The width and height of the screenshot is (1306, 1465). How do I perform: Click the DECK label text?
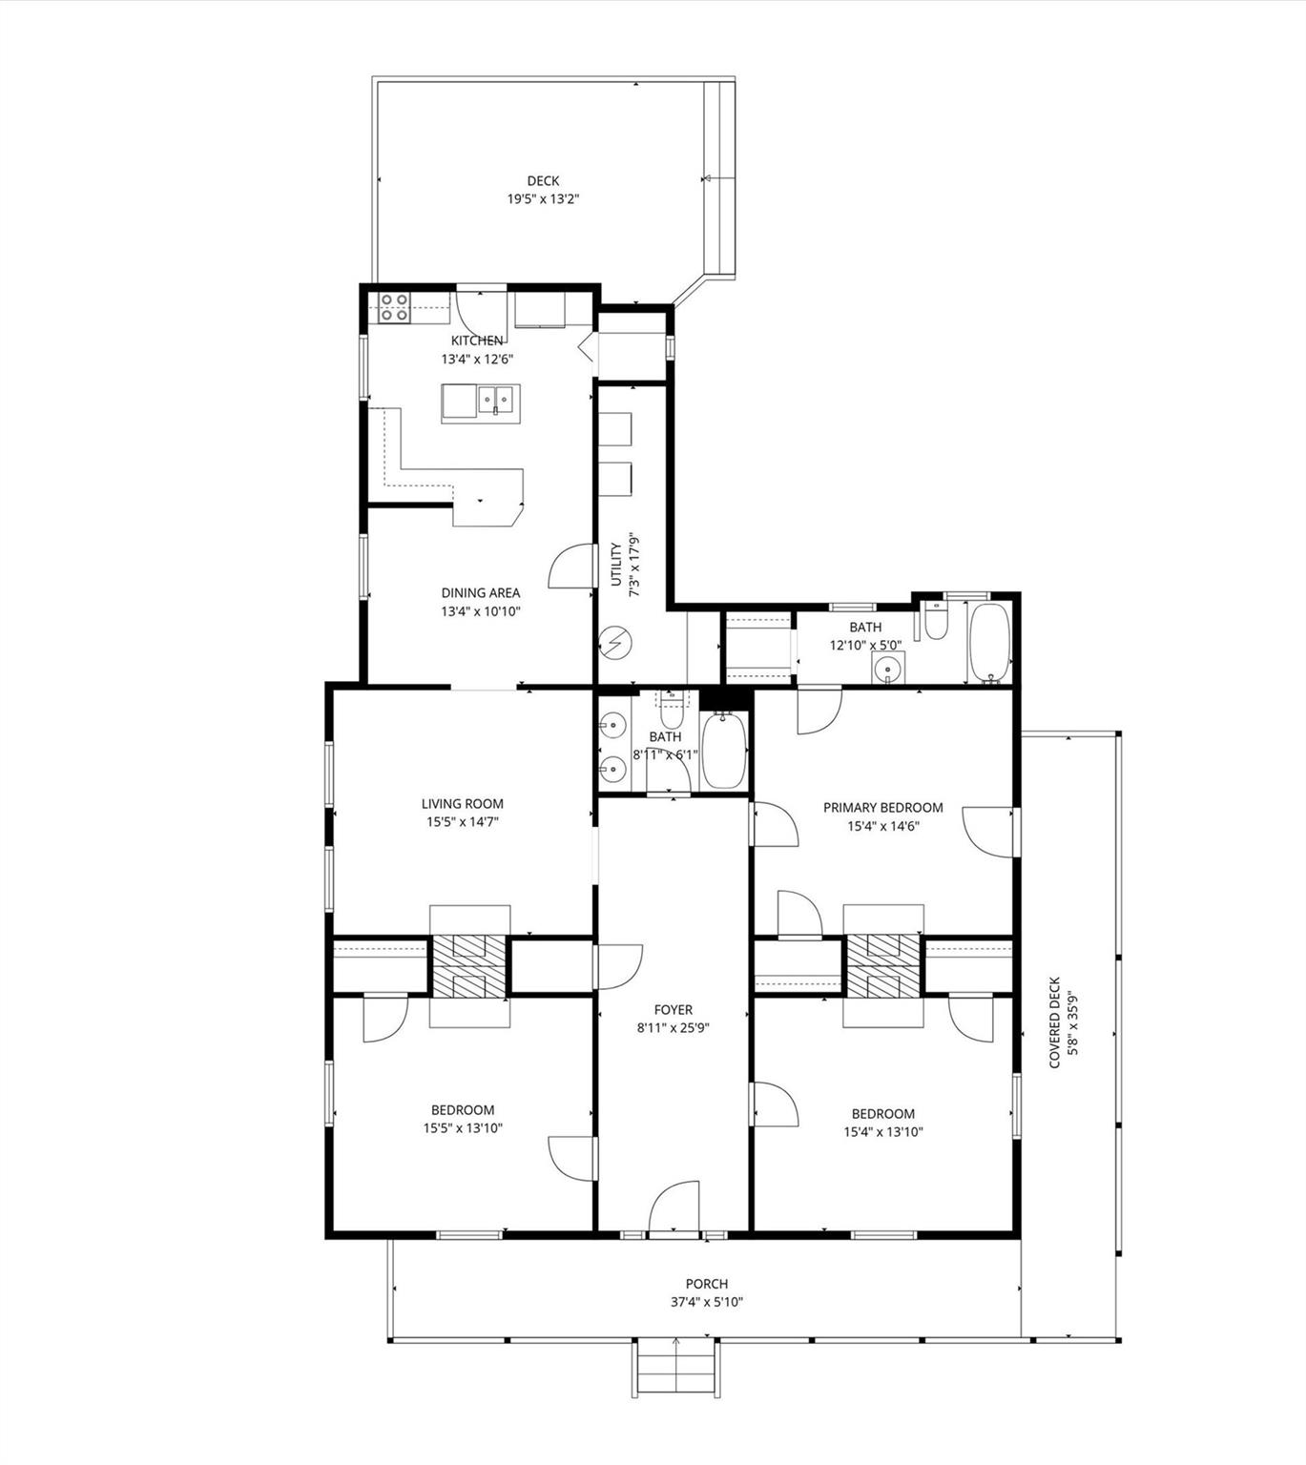tap(543, 181)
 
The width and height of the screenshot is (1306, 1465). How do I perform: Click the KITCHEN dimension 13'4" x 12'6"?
tap(477, 360)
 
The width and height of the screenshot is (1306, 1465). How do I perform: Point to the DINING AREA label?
tap(480, 592)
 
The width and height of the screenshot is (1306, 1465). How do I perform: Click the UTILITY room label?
tap(616, 565)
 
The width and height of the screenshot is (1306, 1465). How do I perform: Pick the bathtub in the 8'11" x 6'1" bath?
tap(724, 751)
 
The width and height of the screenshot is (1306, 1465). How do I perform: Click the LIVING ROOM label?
tap(463, 803)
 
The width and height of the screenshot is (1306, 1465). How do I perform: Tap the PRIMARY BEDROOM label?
tap(882, 807)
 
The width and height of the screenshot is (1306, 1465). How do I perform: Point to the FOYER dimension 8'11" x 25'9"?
tap(673, 1028)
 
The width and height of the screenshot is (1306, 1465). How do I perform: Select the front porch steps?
tap(674, 1368)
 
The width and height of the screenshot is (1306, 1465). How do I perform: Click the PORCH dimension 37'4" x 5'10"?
tap(706, 1302)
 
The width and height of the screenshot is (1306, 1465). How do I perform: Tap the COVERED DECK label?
tap(1054, 1022)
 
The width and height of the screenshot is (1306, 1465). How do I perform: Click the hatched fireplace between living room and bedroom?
tap(468, 965)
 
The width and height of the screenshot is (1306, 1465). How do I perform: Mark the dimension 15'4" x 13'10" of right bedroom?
tap(882, 1132)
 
